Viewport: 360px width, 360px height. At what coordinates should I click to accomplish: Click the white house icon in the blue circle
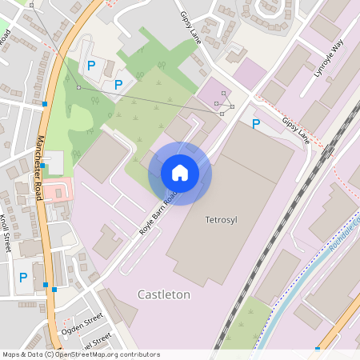[x=180, y=172]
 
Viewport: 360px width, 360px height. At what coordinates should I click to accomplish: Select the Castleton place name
[x=164, y=294]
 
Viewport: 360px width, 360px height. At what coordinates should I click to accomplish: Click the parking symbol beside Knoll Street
[x=23, y=278]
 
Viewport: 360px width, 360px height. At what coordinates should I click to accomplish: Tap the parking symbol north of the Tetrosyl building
[x=256, y=124]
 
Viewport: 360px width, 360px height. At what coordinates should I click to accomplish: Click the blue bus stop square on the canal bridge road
[x=318, y=348]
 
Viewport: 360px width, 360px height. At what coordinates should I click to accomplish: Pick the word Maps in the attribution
[x=11, y=354]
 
